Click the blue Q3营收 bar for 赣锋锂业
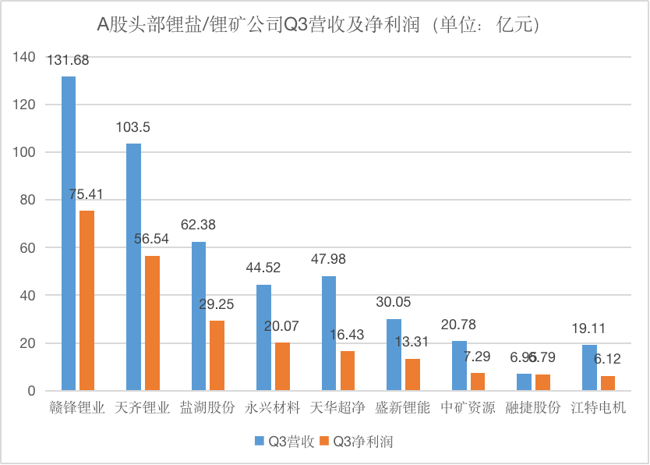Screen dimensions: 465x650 [x=69, y=234]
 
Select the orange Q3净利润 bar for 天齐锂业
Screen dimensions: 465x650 [x=152, y=323]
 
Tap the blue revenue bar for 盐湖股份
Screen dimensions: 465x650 [x=199, y=316]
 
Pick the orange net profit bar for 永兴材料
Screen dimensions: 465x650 [x=282, y=367]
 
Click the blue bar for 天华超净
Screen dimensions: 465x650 [x=329, y=333]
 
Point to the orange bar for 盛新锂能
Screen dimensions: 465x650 [x=412, y=374]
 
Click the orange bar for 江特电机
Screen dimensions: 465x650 [x=607, y=383]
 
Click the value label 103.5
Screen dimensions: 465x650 [x=133, y=128]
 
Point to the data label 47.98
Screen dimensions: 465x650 [x=328, y=260]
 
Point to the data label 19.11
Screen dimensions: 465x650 [x=588, y=328]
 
